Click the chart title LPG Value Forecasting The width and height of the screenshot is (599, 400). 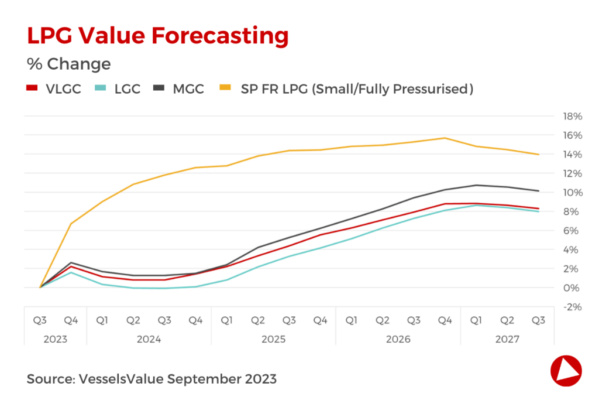158,36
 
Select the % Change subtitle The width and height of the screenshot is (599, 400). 68,63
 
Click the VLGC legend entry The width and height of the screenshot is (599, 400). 53,89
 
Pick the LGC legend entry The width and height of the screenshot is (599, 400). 116,89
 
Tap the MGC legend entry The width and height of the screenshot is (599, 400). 178,89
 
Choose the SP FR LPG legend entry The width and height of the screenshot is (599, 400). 346,89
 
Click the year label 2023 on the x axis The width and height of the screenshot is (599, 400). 55,339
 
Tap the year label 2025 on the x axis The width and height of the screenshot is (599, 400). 273,339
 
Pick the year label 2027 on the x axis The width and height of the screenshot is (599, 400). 507,339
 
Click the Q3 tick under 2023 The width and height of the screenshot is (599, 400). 40,320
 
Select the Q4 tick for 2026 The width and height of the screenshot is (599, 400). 445,320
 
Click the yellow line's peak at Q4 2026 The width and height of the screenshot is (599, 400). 445,138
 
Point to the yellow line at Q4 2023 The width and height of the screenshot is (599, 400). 71,224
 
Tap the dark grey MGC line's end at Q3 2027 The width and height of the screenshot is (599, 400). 538,191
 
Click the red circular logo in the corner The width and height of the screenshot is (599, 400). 566,370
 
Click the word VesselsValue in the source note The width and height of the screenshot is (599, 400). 121,379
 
